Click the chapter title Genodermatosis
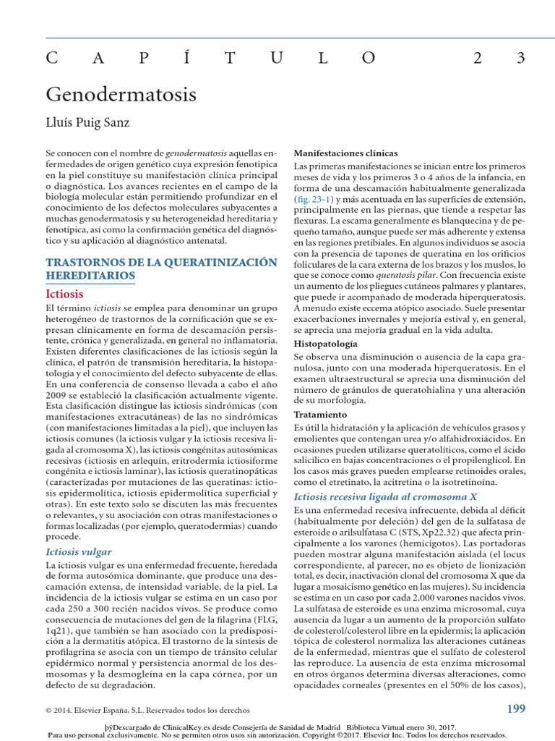tap(121, 95)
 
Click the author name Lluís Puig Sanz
tap(88, 122)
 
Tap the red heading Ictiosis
tap(64, 294)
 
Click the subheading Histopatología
tap(325, 344)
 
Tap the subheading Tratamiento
tap(321, 415)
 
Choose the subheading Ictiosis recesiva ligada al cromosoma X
tap(385, 496)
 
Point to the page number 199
tap(516, 708)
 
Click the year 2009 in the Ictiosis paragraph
tap(59, 397)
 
